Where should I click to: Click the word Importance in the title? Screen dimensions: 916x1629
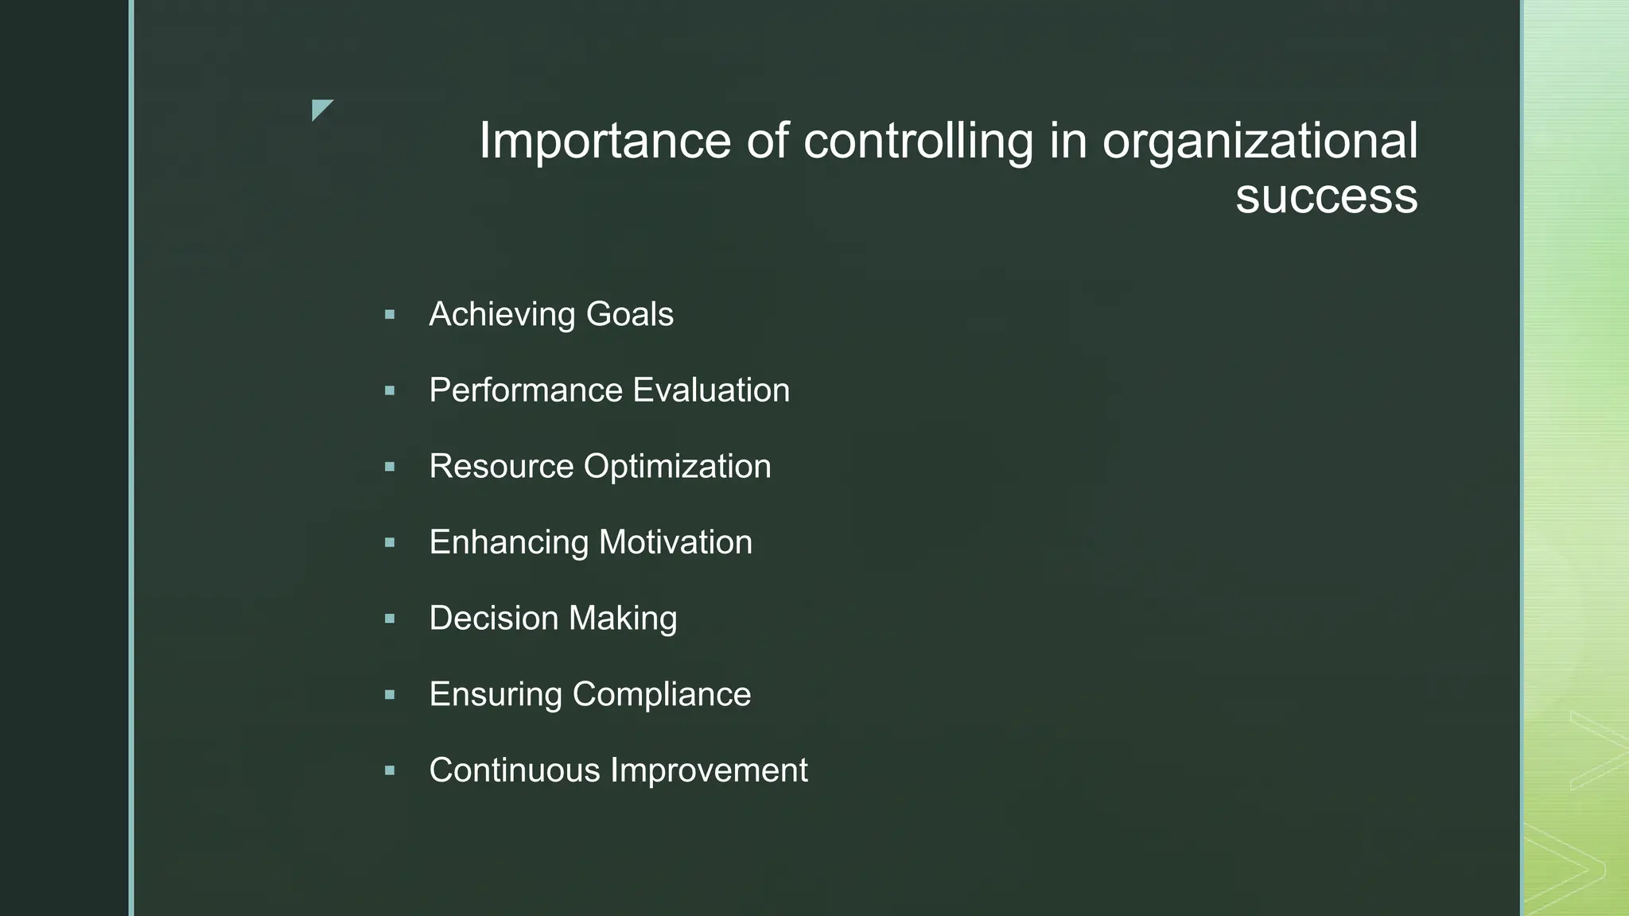(x=605, y=142)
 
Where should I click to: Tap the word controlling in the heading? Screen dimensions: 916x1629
(x=918, y=142)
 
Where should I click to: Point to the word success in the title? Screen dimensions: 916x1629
(x=1326, y=196)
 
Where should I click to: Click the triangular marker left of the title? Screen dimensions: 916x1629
(x=321, y=109)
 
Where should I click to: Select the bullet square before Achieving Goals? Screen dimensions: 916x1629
(x=390, y=315)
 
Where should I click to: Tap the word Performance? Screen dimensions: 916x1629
(x=526, y=390)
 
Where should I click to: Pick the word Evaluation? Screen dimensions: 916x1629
(x=711, y=390)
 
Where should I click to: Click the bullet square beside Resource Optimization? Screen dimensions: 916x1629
(x=390, y=467)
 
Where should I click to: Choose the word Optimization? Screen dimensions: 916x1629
(x=677, y=467)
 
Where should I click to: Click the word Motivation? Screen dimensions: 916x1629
(x=675, y=542)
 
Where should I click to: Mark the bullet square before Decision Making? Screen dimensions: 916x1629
(x=390, y=619)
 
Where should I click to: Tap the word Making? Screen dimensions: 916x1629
(x=623, y=619)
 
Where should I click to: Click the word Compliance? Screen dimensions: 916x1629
(x=662, y=694)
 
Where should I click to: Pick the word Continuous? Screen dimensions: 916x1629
(x=514, y=770)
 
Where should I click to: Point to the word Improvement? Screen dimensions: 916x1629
(x=709, y=770)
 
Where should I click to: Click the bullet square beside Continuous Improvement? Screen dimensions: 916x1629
(x=390, y=770)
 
